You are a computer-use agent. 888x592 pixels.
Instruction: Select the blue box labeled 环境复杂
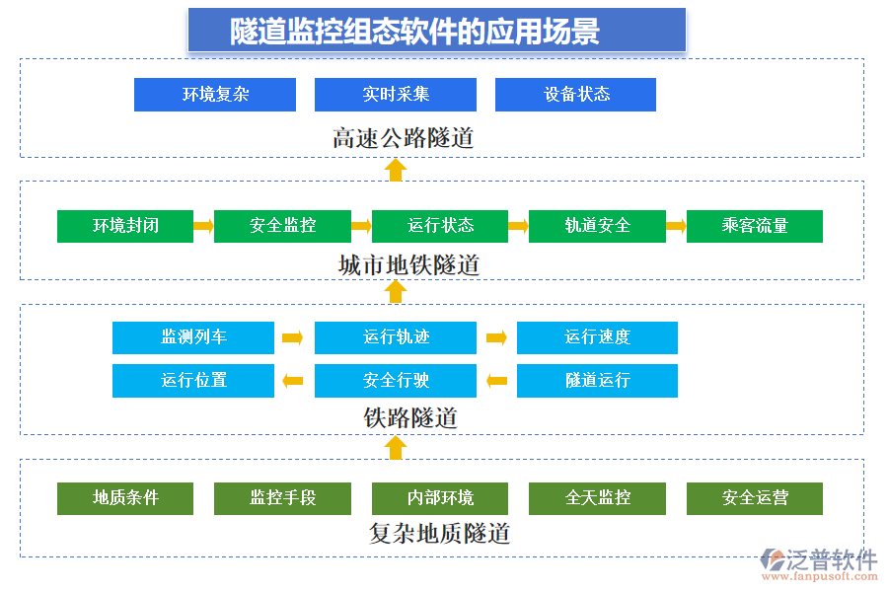tap(215, 95)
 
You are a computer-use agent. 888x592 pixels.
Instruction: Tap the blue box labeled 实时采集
tap(395, 95)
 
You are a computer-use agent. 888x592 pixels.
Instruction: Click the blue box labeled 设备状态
tap(575, 95)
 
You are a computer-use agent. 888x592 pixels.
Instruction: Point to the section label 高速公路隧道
tap(403, 138)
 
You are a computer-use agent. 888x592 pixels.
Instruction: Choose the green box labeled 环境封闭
tap(125, 226)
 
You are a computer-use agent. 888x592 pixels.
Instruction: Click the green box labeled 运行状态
tap(440, 226)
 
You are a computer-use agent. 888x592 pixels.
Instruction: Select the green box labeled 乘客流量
tap(754, 226)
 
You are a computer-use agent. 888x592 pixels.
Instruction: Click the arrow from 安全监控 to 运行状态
tap(361, 226)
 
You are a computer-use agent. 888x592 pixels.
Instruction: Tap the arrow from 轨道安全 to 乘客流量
tap(676, 226)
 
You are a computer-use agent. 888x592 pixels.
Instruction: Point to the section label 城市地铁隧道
tap(408, 264)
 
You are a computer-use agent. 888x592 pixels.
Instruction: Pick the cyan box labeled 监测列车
tap(193, 337)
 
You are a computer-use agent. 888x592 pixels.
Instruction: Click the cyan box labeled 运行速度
tap(597, 337)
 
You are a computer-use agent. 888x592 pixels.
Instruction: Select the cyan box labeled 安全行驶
tap(395, 381)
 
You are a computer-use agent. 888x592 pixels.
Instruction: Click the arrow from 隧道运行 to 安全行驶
tap(496, 381)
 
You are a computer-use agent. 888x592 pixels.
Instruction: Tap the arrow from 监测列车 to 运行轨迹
tap(293, 337)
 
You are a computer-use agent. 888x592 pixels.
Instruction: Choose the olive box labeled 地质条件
tap(125, 498)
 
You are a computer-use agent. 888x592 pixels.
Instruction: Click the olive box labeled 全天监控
tap(597, 498)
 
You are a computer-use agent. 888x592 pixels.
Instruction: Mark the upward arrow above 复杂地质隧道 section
tap(396, 448)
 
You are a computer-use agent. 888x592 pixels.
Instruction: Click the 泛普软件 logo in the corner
tap(818, 563)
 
